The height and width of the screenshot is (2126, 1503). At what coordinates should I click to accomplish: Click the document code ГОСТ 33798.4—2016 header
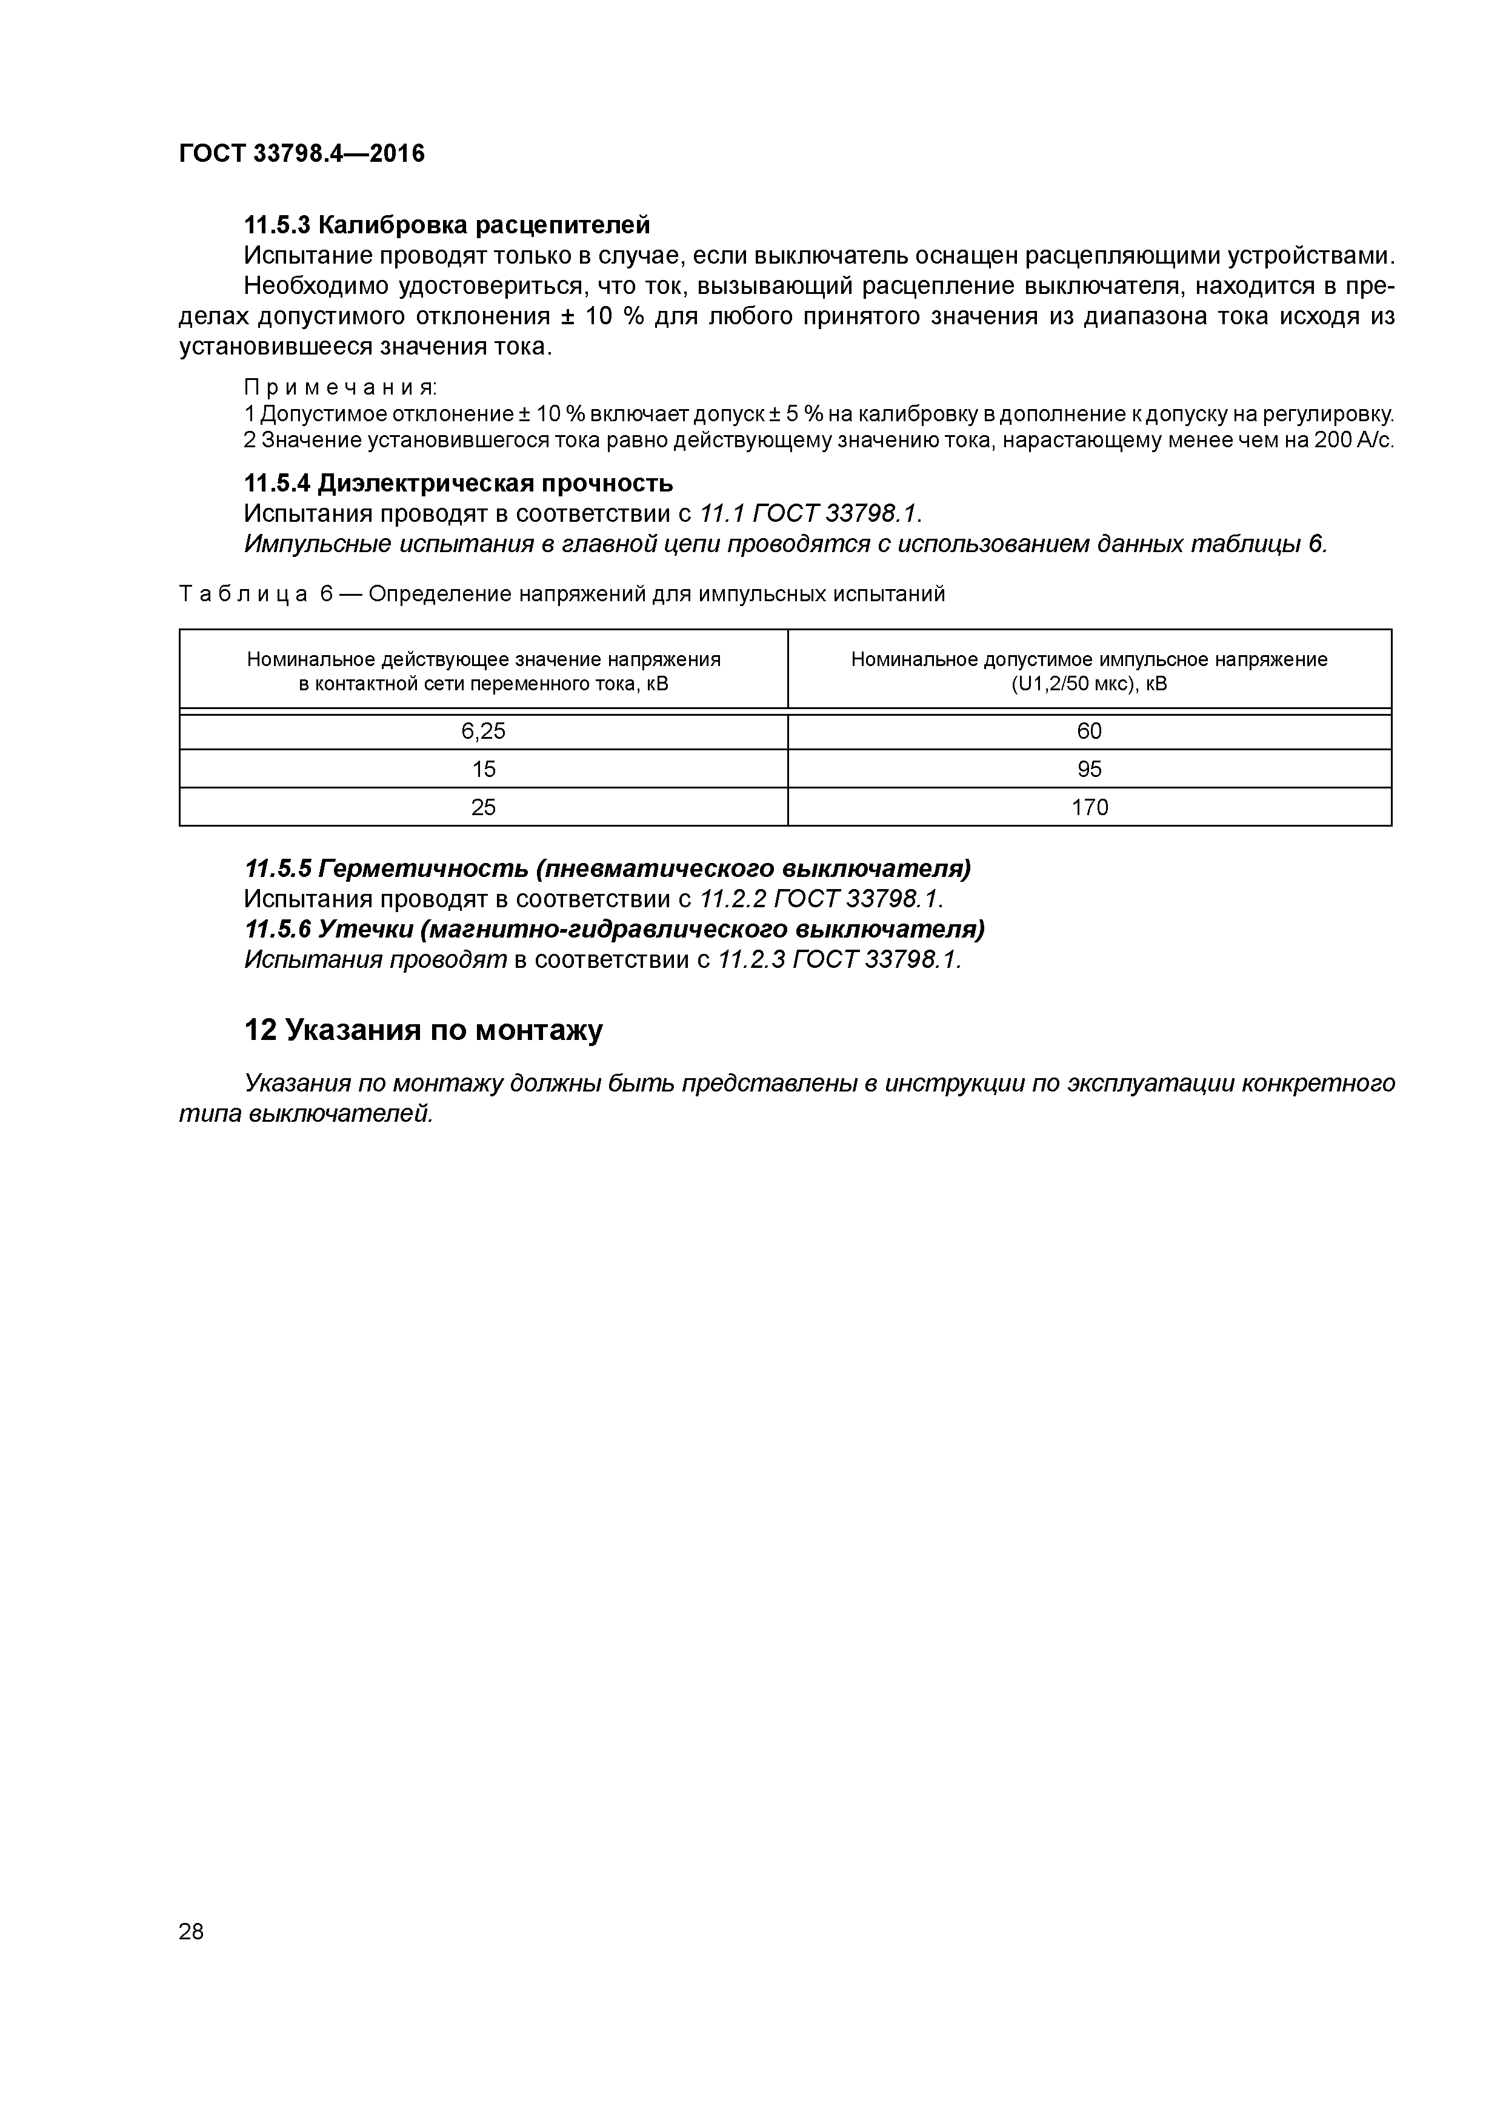pos(301,154)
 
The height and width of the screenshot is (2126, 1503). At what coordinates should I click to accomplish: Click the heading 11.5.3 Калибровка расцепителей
pos(447,225)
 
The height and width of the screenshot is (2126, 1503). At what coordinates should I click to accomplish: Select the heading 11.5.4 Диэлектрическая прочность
pos(458,484)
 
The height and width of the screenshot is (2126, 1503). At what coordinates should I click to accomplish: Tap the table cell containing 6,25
pos(484,731)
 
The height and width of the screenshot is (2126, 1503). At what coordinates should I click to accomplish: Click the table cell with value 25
pos(484,807)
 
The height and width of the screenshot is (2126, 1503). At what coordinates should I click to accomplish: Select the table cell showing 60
pos(1089,731)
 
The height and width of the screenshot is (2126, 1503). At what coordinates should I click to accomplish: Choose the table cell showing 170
pos(1089,807)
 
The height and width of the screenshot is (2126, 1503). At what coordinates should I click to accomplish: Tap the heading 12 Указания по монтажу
pos(423,1030)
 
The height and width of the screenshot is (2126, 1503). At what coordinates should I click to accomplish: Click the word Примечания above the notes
pos(340,387)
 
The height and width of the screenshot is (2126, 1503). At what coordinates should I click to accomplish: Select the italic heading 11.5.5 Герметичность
pos(607,868)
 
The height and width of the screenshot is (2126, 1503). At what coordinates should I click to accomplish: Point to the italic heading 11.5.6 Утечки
pos(614,928)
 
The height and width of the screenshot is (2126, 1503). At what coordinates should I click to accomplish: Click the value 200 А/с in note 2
pos(1353,440)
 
